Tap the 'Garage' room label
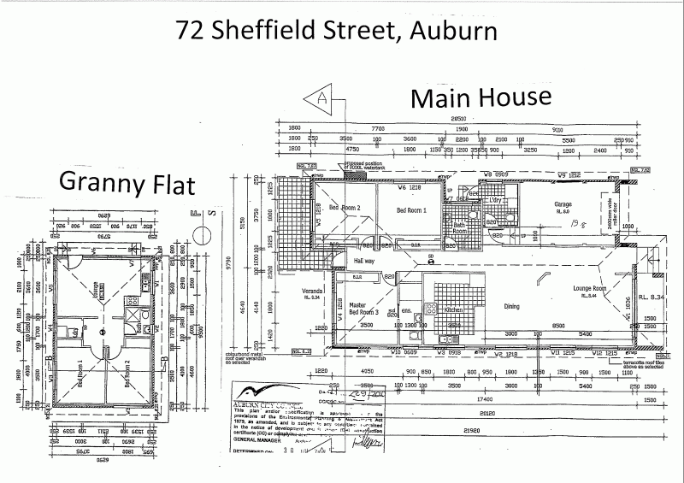tap(563, 204)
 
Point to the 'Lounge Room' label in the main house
tap(589, 289)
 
